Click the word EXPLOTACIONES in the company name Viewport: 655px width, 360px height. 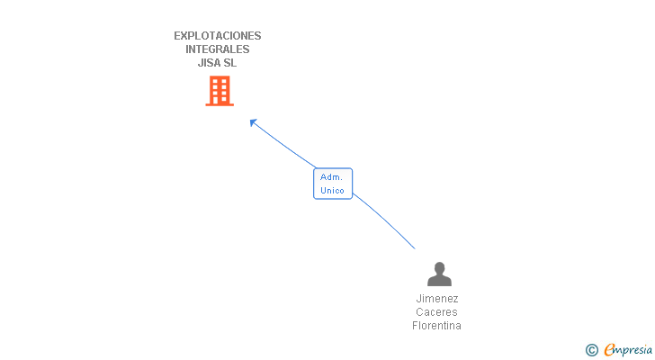218,36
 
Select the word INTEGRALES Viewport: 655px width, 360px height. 218,49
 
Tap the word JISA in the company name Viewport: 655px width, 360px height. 209,63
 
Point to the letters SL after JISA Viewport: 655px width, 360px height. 230,63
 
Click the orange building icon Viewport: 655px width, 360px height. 220,90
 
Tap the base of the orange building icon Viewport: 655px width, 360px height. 220,104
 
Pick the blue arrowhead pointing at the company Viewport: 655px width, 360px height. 253,121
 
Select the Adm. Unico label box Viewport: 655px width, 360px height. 333,184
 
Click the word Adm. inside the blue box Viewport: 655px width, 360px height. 332,177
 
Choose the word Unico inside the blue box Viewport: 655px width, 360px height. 333,190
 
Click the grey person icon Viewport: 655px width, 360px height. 438,274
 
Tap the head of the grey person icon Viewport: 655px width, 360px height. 438,267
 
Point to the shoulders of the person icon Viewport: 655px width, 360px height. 438,280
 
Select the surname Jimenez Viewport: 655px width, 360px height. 437,299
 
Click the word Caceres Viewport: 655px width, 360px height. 437,312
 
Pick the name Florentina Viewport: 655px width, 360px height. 437,326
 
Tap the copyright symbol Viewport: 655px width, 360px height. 592,350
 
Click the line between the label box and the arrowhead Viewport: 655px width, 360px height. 283,145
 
